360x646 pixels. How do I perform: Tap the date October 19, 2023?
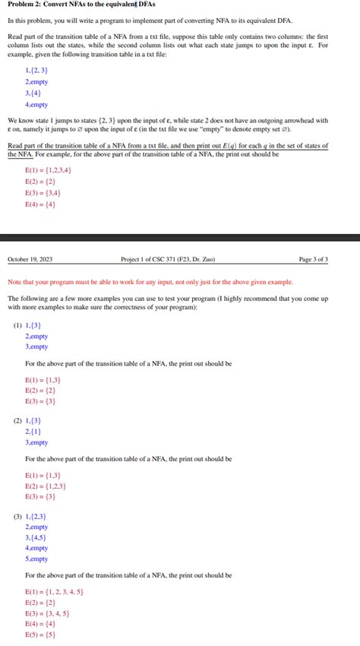click(x=30, y=259)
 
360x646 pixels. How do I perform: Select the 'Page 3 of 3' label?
click(x=314, y=259)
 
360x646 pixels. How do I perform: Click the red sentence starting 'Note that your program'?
click(x=150, y=282)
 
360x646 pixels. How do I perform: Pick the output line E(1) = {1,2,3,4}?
click(x=48, y=170)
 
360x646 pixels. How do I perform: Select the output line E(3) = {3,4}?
click(x=43, y=193)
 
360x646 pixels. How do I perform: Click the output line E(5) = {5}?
click(x=40, y=635)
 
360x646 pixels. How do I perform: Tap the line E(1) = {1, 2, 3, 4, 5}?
click(x=54, y=591)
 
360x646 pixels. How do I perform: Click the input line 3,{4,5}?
click(x=36, y=537)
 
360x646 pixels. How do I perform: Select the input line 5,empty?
click(x=36, y=559)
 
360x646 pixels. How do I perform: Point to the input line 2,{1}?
click(x=33, y=431)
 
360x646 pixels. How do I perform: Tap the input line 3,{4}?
click(x=34, y=93)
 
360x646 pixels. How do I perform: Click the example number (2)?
click(x=17, y=420)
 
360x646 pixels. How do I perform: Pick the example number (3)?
click(x=17, y=515)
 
